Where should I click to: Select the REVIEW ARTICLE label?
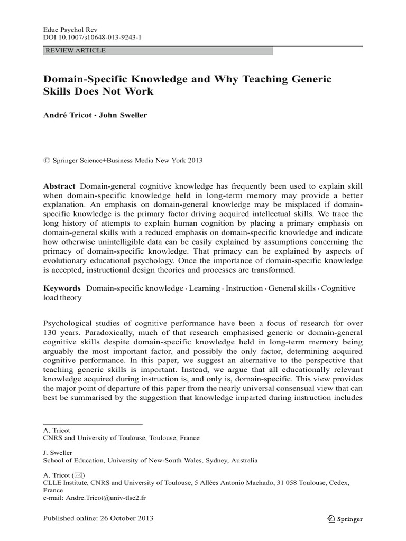[x=76, y=51]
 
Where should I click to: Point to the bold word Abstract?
[x=59, y=186]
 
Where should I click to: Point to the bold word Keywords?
[x=61, y=288]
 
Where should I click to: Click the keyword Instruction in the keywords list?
[x=244, y=288]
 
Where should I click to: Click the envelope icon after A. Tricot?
[x=78, y=474]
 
